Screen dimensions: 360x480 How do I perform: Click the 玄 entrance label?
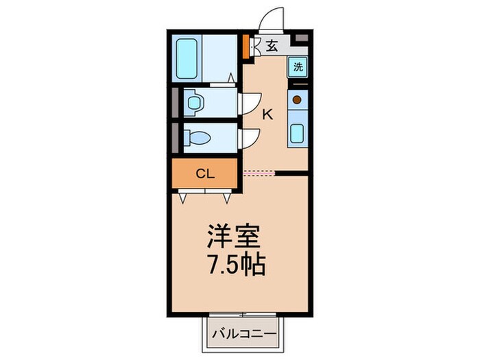(272, 47)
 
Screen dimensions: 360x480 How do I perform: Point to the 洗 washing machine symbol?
(298, 67)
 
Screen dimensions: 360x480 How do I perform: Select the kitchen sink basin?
(298, 132)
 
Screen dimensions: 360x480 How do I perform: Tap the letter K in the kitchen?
(267, 115)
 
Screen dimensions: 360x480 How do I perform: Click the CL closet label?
(205, 173)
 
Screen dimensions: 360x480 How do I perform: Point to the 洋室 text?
(234, 238)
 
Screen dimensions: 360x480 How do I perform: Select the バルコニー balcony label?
(243, 334)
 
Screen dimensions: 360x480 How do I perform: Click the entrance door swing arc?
(273, 17)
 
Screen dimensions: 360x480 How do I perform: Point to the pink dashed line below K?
(259, 172)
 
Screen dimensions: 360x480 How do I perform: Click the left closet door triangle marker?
(183, 197)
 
